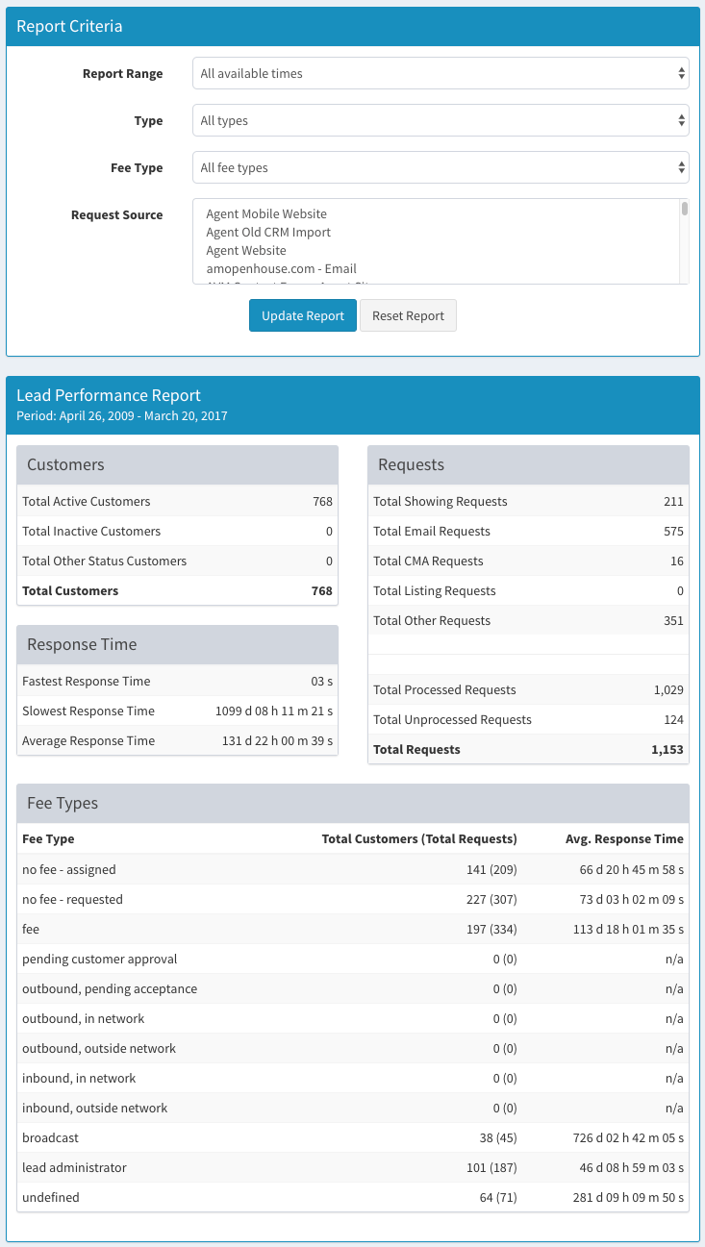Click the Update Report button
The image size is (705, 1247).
click(303, 315)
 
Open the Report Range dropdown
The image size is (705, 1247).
click(441, 73)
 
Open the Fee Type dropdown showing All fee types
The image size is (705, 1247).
click(441, 167)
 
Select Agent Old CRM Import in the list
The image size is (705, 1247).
click(268, 232)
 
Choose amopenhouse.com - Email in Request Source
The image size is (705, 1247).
click(281, 268)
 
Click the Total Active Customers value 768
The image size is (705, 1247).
click(322, 501)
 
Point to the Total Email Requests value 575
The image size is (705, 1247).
click(673, 531)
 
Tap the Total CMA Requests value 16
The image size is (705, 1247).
click(676, 561)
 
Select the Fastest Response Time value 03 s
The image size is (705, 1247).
click(321, 681)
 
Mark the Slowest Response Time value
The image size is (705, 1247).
click(274, 711)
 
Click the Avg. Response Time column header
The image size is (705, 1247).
click(624, 838)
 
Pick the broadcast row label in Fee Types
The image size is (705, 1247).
click(50, 1137)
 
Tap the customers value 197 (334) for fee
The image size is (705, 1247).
click(491, 929)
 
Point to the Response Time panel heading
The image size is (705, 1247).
click(82, 644)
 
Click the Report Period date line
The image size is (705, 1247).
click(121, 416)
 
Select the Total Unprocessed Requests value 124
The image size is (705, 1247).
click(673, 719)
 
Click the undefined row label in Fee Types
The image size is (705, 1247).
click(50, 1197)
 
